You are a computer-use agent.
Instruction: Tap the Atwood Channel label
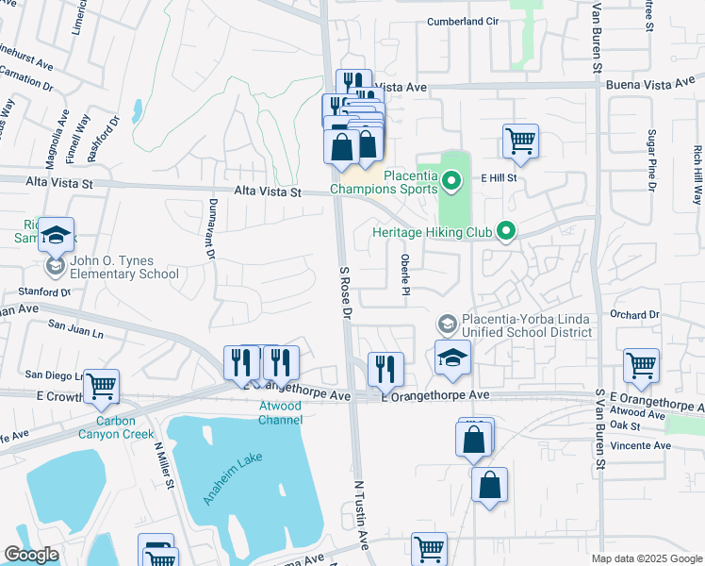click(x=280, y=412)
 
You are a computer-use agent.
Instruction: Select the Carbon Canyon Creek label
click(x=123, y=427)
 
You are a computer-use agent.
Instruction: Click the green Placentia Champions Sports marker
click(x=451, y=178)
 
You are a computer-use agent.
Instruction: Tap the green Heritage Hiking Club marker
click(x=506, y=231)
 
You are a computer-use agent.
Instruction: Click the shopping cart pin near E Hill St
click(x=520, y=141)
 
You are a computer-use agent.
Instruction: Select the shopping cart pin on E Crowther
click(x=101, y=385)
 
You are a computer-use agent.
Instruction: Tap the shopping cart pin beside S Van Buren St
click(x=641, y=364)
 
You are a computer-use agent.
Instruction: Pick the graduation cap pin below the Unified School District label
click(x=452, y=358)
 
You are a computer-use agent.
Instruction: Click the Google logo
click(x=31, y=555)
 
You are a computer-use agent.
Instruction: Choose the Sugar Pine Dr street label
click(x=651, y=161)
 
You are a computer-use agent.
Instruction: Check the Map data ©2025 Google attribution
click(x=647, y=558)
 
